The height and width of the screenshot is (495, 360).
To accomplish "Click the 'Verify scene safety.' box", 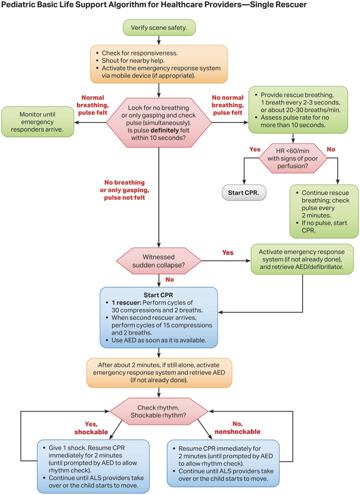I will pos(159,27).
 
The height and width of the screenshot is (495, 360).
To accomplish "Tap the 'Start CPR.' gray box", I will pos(244,193).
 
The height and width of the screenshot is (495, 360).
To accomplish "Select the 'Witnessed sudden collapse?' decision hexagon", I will pos(158,259).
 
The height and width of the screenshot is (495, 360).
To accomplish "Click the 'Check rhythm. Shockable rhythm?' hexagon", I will pos(158,411).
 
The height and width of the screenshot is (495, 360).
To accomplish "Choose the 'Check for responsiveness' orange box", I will pos(158,61).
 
